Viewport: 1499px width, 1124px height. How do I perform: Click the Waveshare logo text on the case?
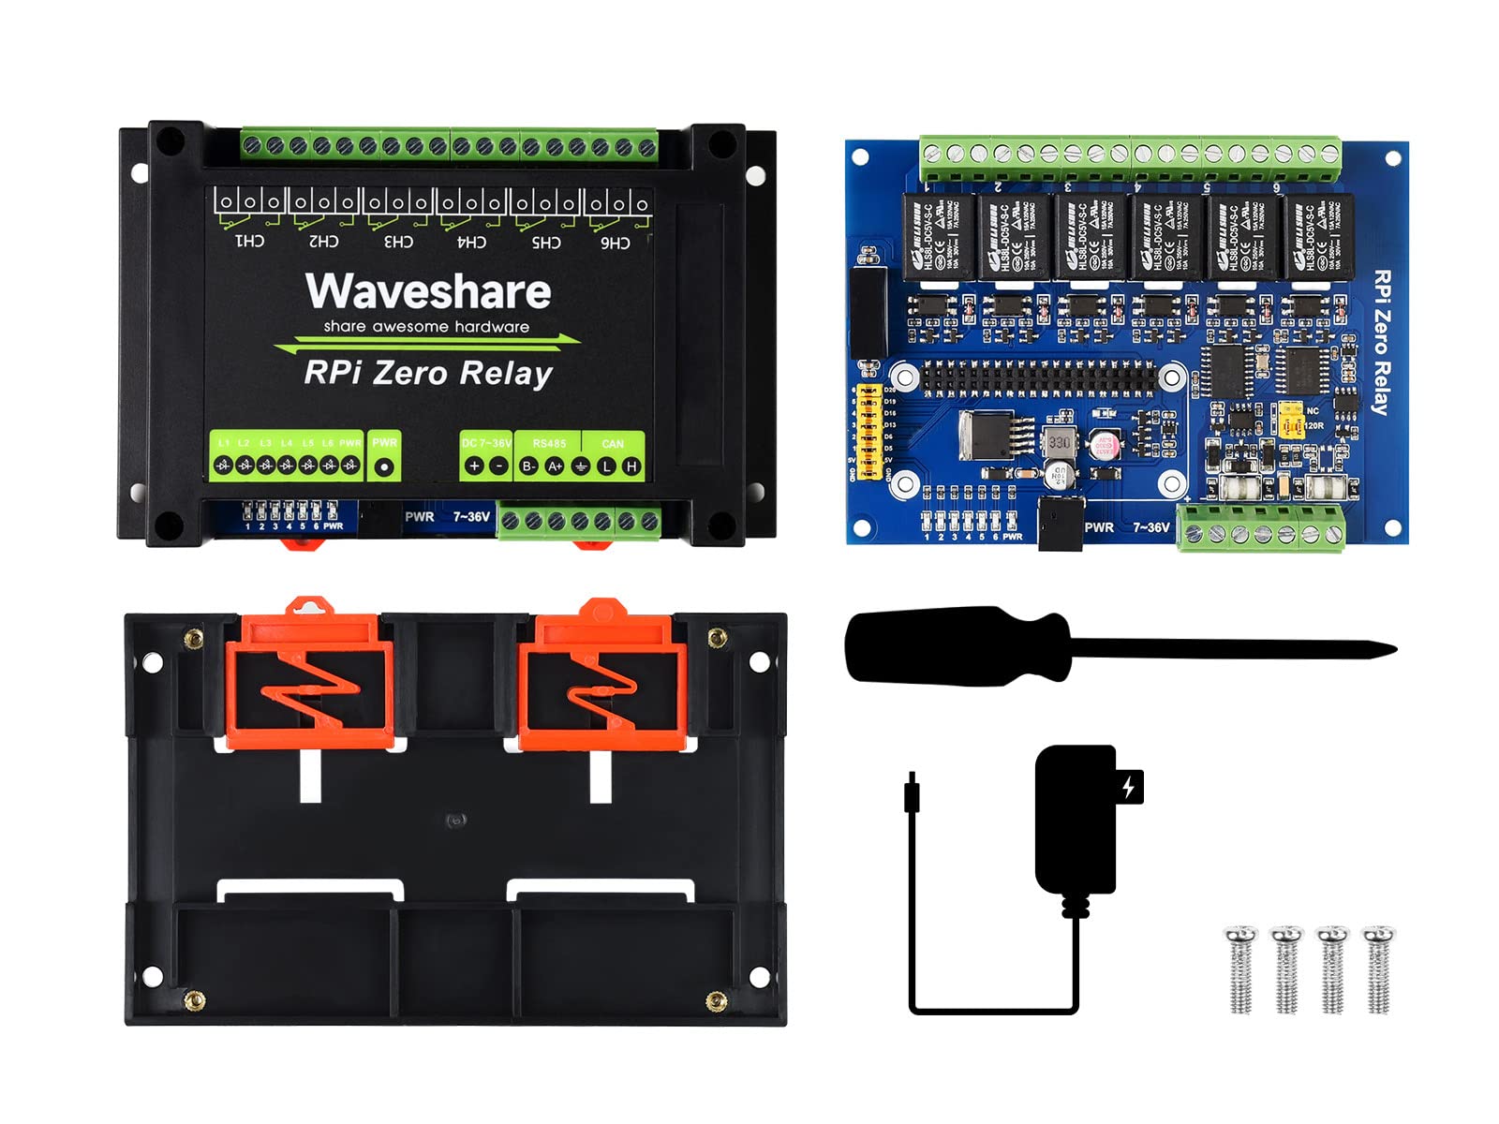click(428, 291)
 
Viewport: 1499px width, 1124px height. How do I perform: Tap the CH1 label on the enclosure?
click(248, 242)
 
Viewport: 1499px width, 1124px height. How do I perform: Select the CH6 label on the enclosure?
click(615, 243)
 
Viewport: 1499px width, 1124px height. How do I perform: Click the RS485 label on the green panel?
click(549, 443)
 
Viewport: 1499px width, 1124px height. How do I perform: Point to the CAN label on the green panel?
click(613, 444)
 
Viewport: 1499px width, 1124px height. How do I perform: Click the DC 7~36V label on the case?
click(486, 443)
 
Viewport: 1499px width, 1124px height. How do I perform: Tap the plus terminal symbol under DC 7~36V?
click(474, 466)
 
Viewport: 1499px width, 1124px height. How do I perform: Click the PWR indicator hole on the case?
click(384, 466)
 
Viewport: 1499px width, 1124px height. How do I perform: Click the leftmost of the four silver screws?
click(1240, 969)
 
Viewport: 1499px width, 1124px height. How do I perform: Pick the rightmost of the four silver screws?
click(1378, 969)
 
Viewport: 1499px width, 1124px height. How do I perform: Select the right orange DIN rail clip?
click(602, 674)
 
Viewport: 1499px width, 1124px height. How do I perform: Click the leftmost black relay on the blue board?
click(938, 236)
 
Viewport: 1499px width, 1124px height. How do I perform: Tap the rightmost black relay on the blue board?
click(1319, 238)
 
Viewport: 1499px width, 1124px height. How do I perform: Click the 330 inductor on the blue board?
click(1060, 441)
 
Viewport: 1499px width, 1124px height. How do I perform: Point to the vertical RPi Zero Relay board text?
click(1381, 342)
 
